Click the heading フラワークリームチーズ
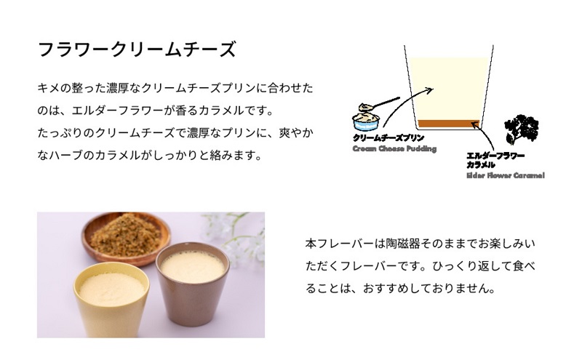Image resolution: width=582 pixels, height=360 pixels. point(136,50)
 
